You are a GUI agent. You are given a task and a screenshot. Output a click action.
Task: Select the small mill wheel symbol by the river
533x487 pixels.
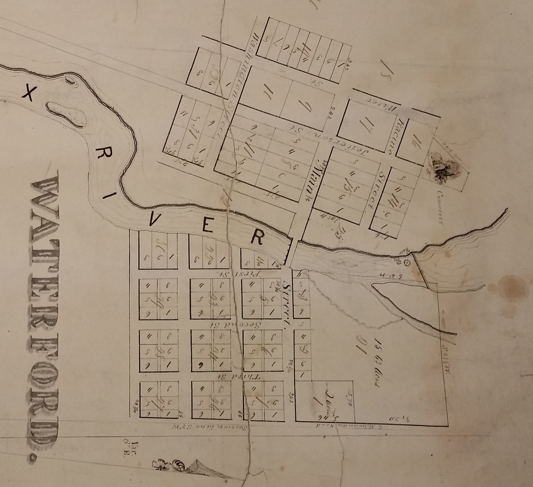(x=408, y=262)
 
